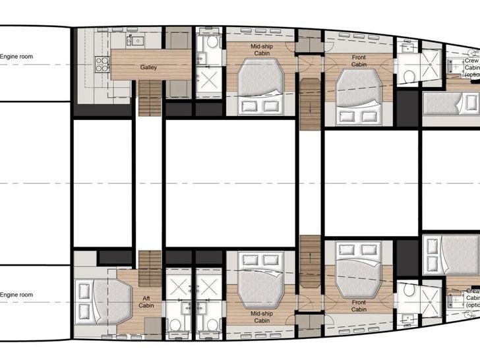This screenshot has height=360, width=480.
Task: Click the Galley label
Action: click(148, 67)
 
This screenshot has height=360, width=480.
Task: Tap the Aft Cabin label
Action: click(146, 303)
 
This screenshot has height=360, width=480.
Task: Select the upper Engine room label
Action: click(16, 57)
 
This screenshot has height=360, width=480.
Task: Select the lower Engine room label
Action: click(16, 295)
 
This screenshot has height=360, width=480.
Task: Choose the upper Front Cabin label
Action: click(359, 61)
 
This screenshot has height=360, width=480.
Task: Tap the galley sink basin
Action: click(137, 41)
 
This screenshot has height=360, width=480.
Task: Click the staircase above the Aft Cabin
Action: click(150, 268)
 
